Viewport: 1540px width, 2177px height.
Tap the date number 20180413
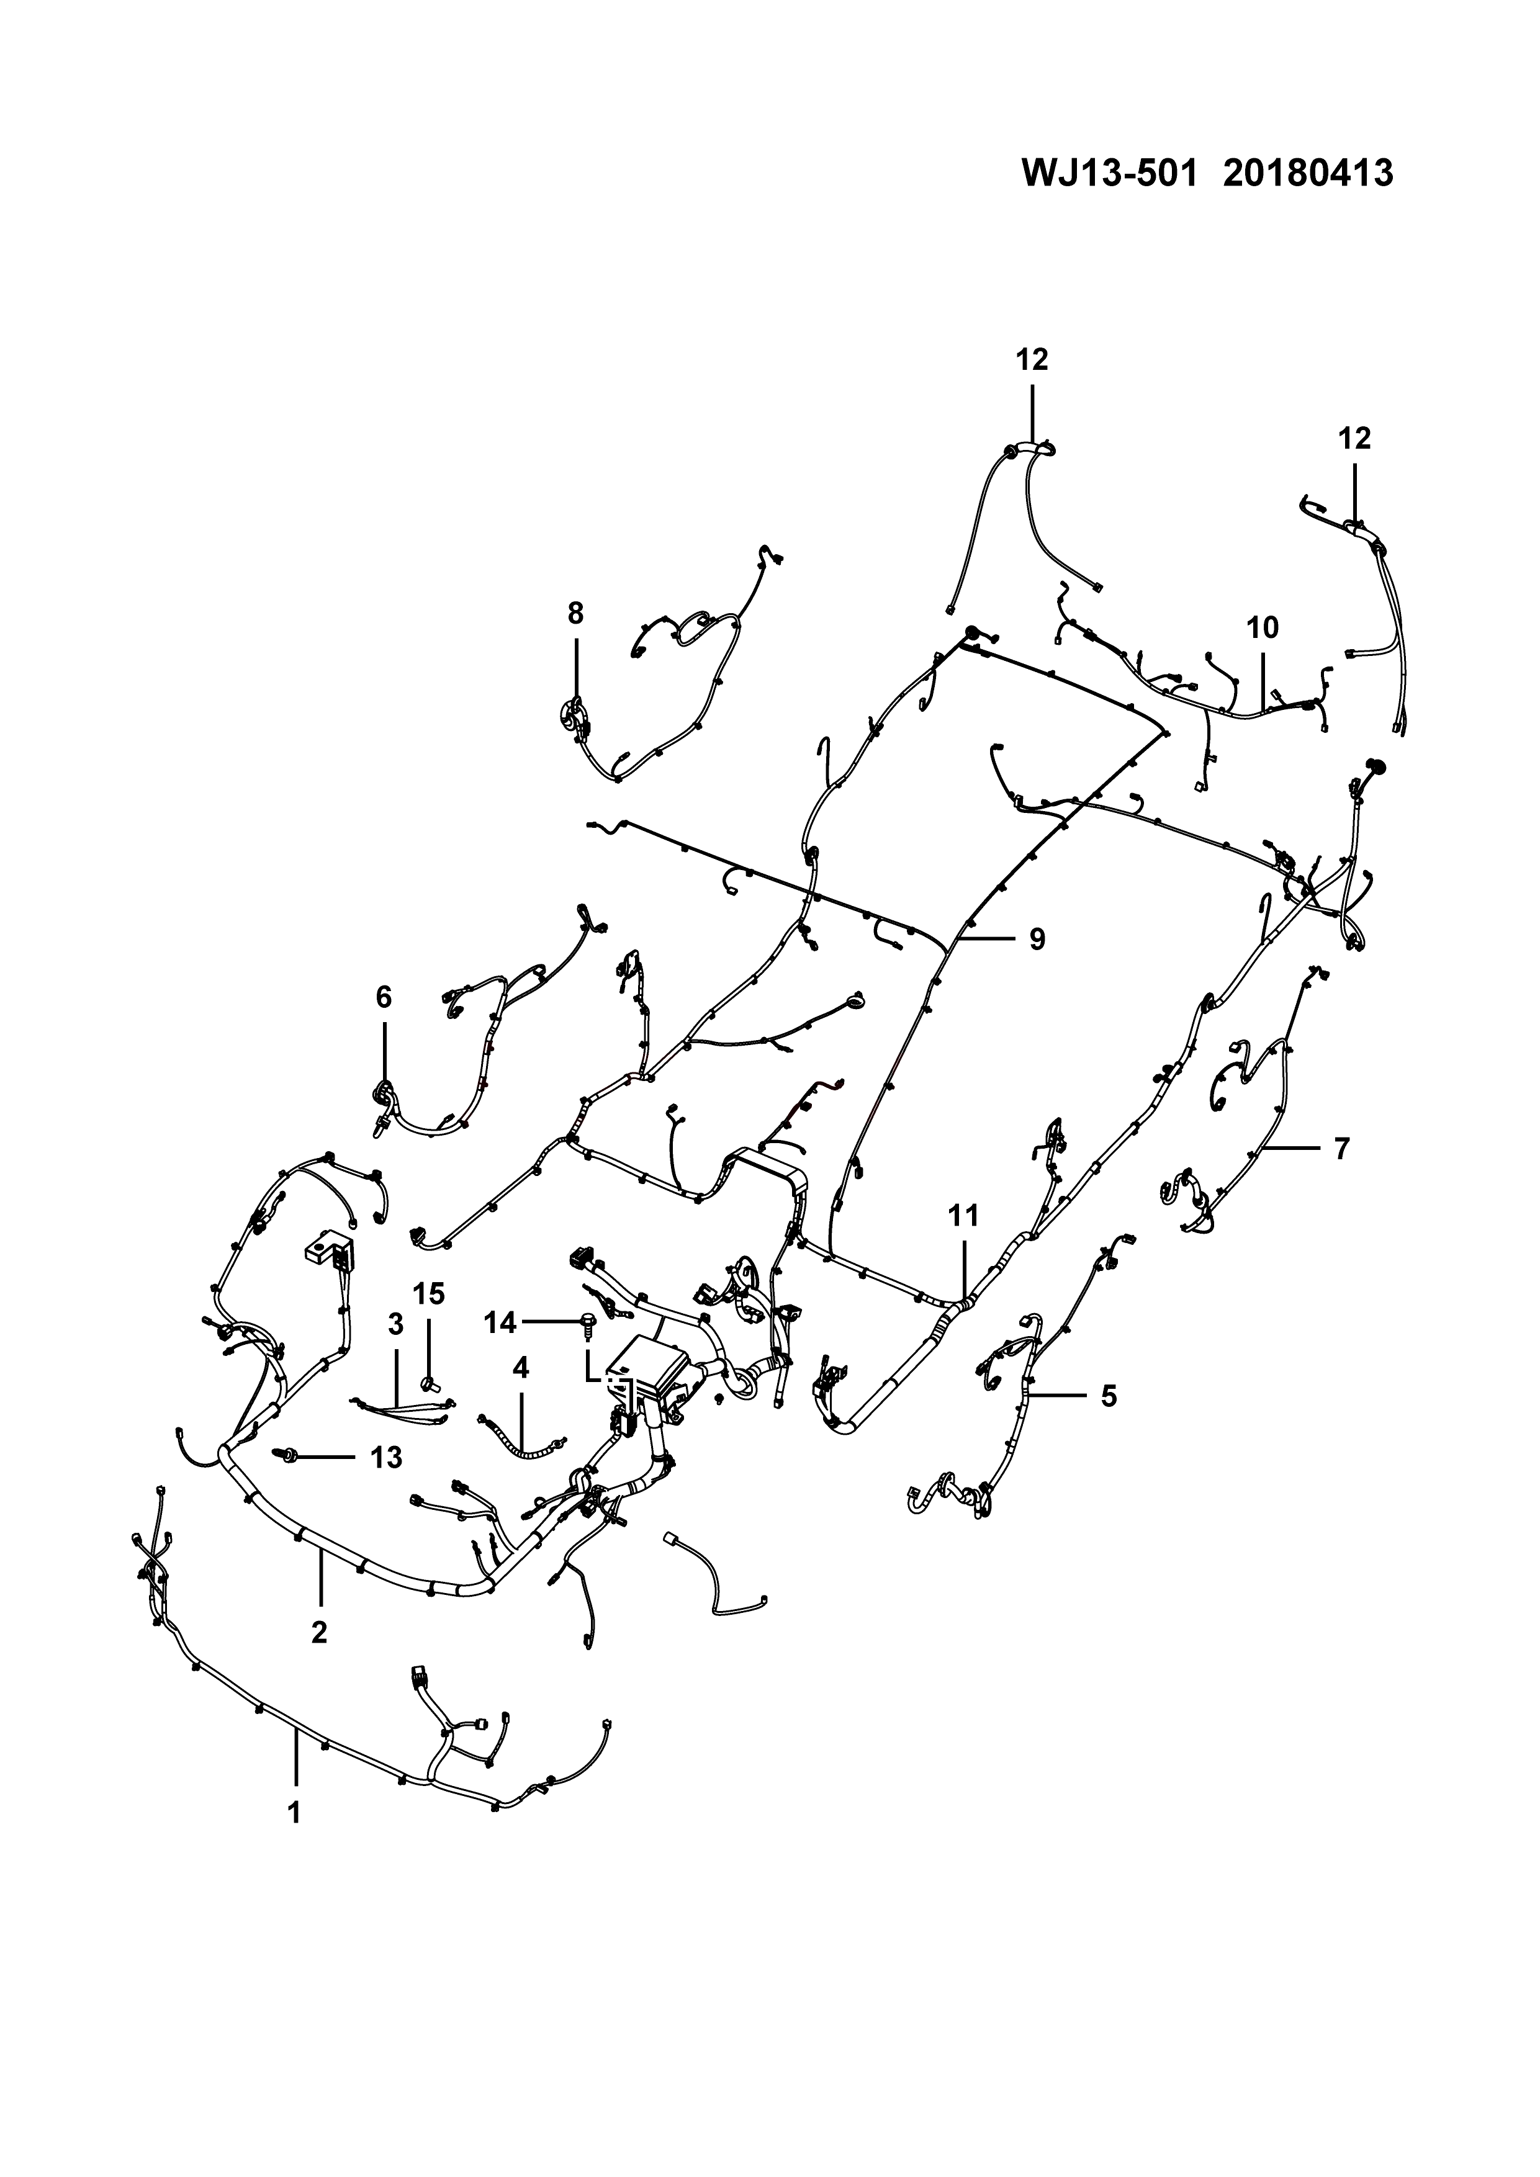click(x=1308, y=174)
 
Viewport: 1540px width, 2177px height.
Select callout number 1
click(x=294, y=1812)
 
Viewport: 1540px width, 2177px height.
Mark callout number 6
click(x=383, y=997)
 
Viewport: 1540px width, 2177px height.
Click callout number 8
click(x=575, y=614)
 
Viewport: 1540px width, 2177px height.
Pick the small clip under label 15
click(x=430, y=1381)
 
